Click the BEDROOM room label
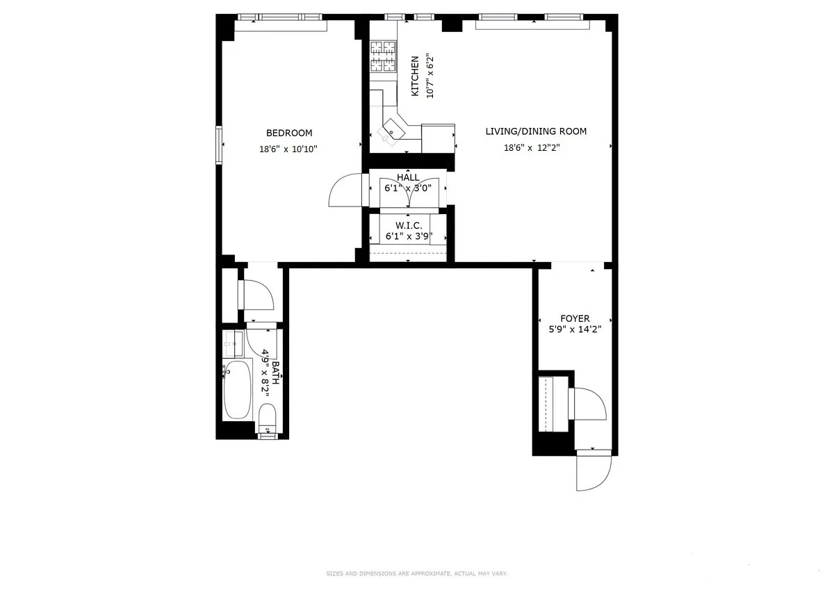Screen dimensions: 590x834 [x=289, y=133]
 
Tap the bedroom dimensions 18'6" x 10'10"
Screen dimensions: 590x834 [x=289, y=149]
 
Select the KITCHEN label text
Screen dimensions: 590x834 [x=415, y=76]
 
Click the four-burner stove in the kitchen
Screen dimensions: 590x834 [x=382, y=56]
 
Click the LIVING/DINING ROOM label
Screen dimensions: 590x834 [x=536, y=131]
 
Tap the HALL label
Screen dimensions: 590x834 [x=408, y=177]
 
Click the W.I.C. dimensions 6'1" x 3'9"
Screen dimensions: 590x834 [x=409, y=236]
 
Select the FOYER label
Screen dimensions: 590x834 [x=575, y=318]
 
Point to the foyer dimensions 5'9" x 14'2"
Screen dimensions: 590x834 [x=575, y=329]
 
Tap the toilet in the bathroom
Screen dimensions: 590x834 [x=267, y=418]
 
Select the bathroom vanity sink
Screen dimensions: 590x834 [x=233, y=343]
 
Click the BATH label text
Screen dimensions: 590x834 [x=275, y=373]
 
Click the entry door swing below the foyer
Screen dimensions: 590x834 [x=592, y=471]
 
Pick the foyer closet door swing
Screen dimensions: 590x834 [x=588, y=404]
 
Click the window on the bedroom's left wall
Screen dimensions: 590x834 [x=219, y=144]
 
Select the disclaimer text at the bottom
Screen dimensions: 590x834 [x=417, y=573]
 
